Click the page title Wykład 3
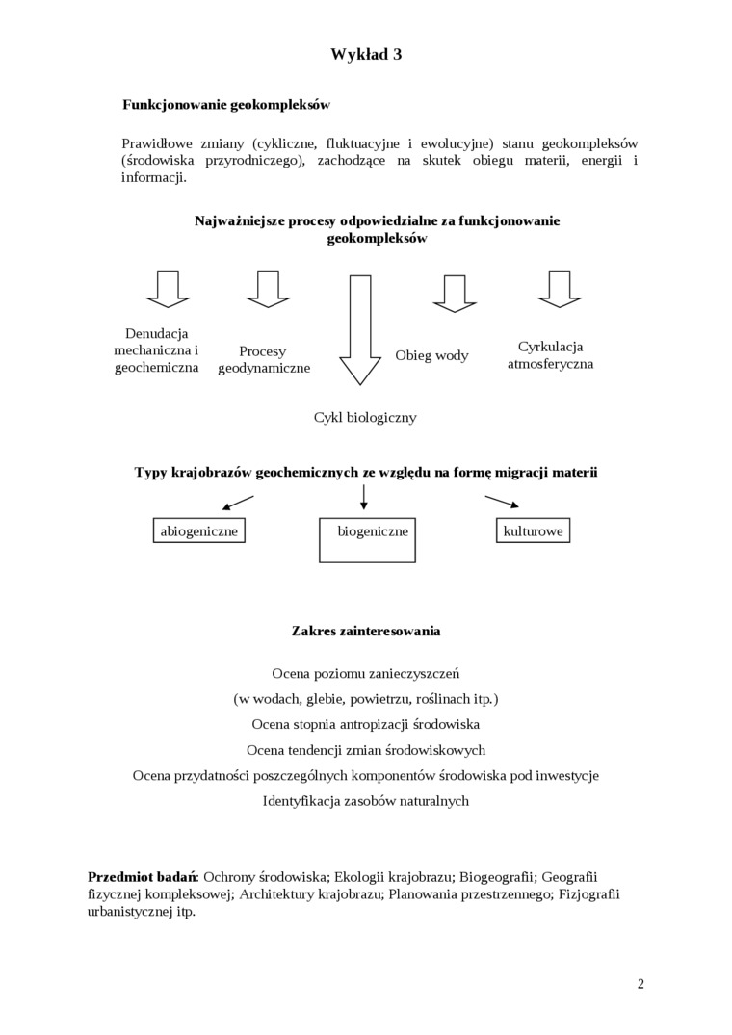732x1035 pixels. [366, 55]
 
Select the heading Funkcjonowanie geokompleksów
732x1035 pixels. [226, 104]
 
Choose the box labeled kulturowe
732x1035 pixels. [533, 530]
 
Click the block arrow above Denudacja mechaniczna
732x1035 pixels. [168, 288]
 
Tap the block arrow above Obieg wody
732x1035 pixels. [455, 293]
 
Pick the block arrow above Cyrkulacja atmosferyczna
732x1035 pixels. [560, 288]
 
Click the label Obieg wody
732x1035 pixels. [431, 355]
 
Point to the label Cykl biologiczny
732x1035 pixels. [365, 418]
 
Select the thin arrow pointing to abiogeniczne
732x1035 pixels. [237, 503]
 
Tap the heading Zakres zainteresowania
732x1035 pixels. [366, 632]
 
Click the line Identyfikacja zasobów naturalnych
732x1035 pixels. [366, 800]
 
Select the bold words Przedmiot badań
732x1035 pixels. [142, 877]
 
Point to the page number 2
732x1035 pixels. [640, 983]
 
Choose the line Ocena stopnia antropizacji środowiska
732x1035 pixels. [366, 723]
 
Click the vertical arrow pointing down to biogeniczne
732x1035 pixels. [363, 497]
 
